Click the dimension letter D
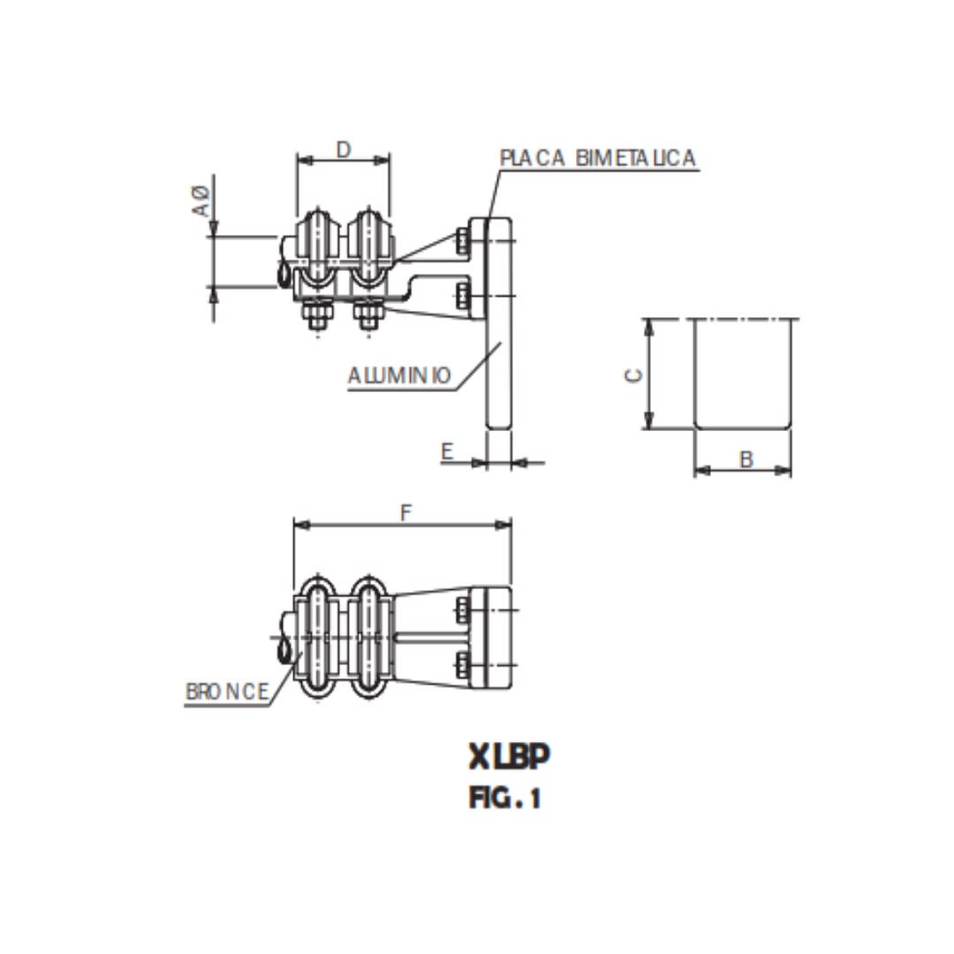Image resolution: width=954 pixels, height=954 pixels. [344, 149]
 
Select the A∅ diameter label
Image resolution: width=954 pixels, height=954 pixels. [201, 201]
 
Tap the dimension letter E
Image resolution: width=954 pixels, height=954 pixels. [447, 452]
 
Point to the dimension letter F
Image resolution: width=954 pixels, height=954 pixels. [405, 512]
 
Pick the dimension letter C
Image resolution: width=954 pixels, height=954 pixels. [633, 375]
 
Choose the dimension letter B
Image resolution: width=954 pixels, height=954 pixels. [746, 459]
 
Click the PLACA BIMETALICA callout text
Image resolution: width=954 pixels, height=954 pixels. [598, 158]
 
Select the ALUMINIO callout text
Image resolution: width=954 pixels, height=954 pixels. [399, 375]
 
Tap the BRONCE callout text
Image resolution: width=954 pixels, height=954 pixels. [227, 693]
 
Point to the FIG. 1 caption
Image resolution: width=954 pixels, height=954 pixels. [504, 799]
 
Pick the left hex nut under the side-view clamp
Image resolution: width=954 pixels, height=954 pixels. [317, 314]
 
